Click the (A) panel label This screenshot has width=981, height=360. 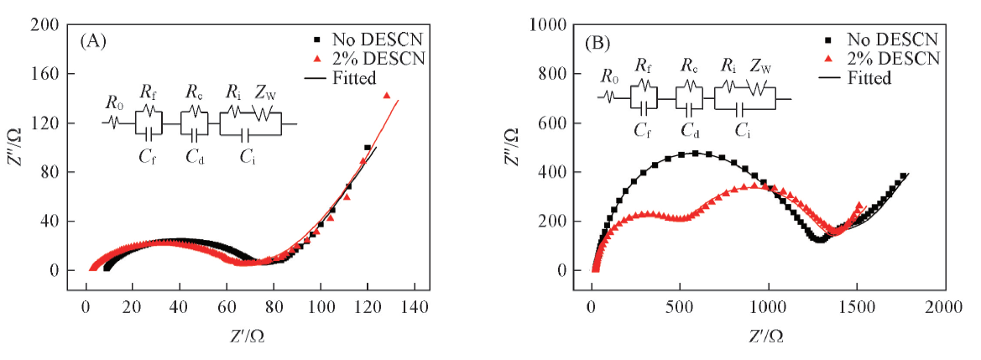[x=93, y=40]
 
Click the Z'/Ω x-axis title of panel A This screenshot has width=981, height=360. [x=249, y=335]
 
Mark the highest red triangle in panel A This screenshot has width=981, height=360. [x=387, y=96]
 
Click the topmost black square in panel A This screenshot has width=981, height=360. [x=368, y=148]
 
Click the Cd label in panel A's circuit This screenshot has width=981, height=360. [x=194, y=155]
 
